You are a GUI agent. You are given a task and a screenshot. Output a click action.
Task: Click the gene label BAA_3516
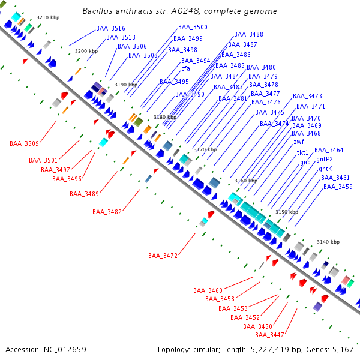[x=110, y=29]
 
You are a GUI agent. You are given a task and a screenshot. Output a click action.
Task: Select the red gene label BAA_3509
[x=24, y=143]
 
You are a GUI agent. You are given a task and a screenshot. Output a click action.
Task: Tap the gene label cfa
[x=185, y=68]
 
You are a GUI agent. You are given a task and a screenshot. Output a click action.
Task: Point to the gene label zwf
[x=299, y=142]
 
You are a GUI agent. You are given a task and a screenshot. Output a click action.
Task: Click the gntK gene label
[x=325, y=169]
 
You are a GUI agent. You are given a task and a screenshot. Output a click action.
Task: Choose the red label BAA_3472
[x=163, y=256]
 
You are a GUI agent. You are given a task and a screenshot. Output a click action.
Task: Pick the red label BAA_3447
[x=269, y=335]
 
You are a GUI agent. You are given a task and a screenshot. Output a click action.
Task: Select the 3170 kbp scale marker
[x=204, y=149]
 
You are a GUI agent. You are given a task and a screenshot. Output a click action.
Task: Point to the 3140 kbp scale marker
[x=328, y=242]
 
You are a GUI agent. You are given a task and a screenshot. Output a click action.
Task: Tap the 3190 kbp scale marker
[x=126, y=85]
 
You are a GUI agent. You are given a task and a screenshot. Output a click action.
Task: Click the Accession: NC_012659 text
[x=46, y=349]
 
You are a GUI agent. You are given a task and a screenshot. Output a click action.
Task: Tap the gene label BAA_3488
[x=248, y=35]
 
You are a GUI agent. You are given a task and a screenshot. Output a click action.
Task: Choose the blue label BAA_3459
[x=338, y=187]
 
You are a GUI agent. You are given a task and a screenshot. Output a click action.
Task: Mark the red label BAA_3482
[x=107, y=212]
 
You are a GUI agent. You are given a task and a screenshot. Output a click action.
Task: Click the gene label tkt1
[x=303, y=153]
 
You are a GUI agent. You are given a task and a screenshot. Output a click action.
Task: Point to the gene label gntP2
[x=325, y=160]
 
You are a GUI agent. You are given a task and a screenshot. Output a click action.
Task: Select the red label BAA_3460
[x=208, y=290]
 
